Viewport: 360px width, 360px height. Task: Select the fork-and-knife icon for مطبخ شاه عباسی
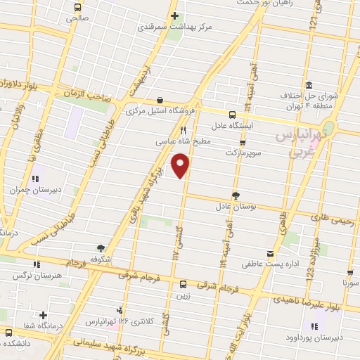pos(184,130)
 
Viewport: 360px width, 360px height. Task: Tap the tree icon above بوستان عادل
pos(236,196)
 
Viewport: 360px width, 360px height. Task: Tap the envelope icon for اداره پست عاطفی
pos(271,253)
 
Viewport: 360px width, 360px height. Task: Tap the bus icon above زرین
pos(183,284)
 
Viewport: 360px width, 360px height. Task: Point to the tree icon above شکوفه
pos(101,247)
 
